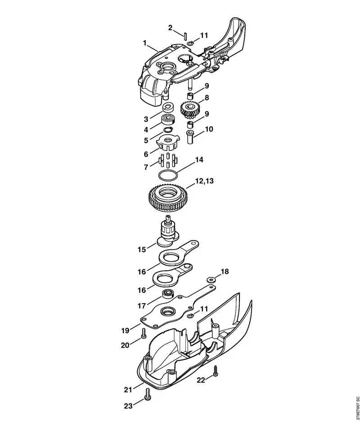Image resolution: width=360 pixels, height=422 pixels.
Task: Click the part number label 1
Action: tap(145, 43)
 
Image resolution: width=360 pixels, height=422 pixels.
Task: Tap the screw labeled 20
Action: tap(144, 334)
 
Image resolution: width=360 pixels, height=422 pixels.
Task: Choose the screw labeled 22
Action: tap(215, 371)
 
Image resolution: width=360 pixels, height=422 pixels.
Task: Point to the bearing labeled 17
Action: tap(168, 294)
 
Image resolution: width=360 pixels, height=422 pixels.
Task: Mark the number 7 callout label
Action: tap(146, 167)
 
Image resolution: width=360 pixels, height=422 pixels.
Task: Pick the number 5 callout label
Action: tap(146, 140)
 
